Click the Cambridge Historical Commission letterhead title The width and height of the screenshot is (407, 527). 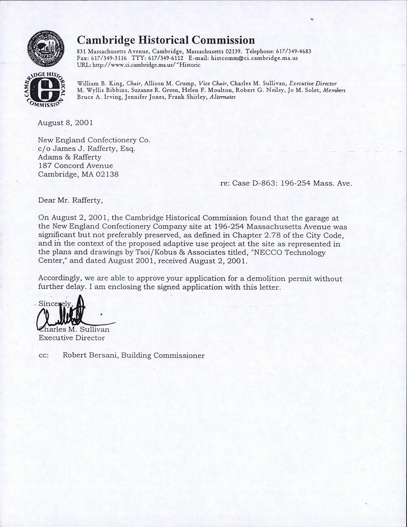click(x=166, y=39)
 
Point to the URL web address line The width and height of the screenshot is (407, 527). click(x=138, y=65)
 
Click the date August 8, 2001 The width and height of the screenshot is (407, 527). click(x=65, y=123)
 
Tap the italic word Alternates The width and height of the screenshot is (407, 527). click(x=222, y=97)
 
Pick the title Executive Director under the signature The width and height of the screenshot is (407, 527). click(x=72, y=338)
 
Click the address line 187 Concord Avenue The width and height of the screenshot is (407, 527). click(x=76, y=166)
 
